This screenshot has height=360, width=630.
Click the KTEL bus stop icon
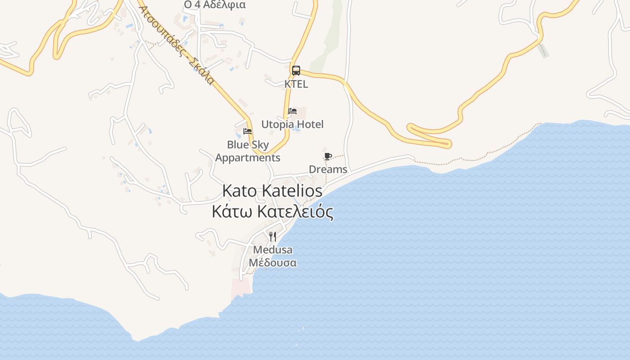296,70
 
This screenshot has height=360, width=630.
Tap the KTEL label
296,84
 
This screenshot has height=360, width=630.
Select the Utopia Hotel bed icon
292,111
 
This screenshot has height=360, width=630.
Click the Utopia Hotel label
292,124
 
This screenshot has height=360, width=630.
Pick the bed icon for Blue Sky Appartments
247,131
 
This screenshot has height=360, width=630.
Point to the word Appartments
248,158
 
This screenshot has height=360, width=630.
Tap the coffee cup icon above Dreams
328,156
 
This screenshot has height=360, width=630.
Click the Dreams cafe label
328,169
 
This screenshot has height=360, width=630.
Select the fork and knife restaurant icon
272,236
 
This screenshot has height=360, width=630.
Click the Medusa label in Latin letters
273,250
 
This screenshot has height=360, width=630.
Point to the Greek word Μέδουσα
273,262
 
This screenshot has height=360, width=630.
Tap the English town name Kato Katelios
273,191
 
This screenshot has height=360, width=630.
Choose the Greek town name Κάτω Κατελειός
273,211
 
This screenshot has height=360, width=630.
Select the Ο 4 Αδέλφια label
215,5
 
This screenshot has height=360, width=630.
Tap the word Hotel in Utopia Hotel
310,124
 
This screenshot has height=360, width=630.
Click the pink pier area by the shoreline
240,288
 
